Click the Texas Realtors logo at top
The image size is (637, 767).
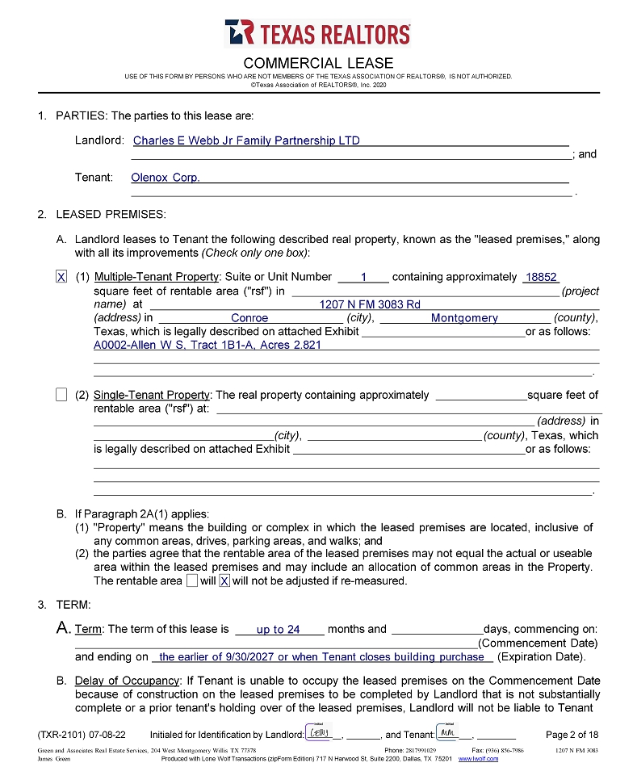point(318,33)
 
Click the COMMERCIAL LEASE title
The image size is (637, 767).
point(318,63)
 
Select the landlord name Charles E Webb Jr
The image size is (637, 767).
point(246,140)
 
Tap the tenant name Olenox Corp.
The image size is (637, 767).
point(165,178)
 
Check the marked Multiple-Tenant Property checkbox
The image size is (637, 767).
point(61,277)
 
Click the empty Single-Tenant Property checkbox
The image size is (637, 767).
point(61,395)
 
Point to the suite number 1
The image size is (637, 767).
point(363,277)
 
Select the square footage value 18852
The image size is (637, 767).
point(541,277)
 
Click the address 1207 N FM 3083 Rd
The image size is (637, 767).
point(370,304)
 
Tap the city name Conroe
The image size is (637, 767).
point(249,318)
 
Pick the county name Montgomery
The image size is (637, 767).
point(464,318)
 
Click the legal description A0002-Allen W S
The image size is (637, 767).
point(207,345)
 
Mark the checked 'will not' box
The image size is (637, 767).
point(224,580)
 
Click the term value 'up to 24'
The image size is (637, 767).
point(278,630)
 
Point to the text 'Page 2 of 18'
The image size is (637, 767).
point(572,735)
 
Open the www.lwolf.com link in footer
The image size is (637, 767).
point(479,759)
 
